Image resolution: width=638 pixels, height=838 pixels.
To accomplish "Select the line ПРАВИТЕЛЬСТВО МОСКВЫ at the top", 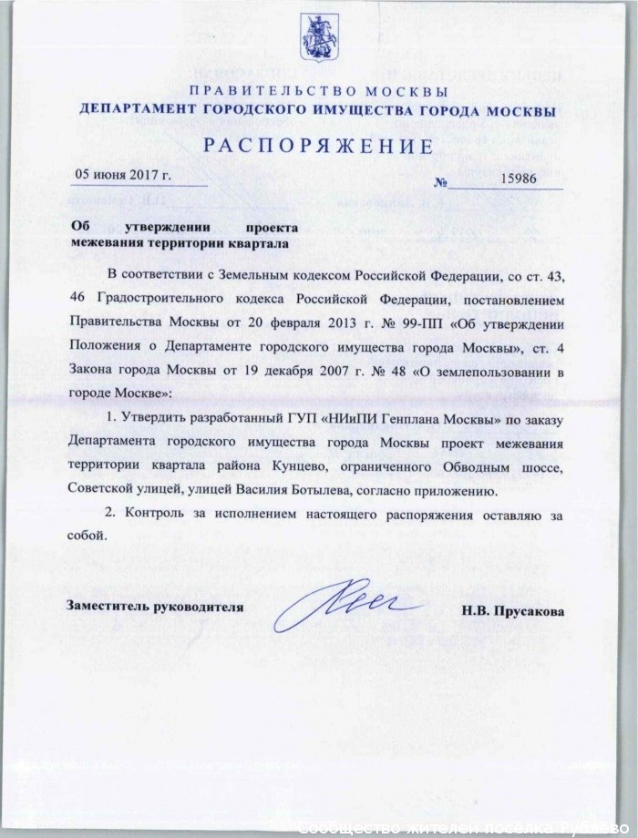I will click(318, 92).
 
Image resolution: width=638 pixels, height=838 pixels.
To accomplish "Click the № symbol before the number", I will click(442, 182).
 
